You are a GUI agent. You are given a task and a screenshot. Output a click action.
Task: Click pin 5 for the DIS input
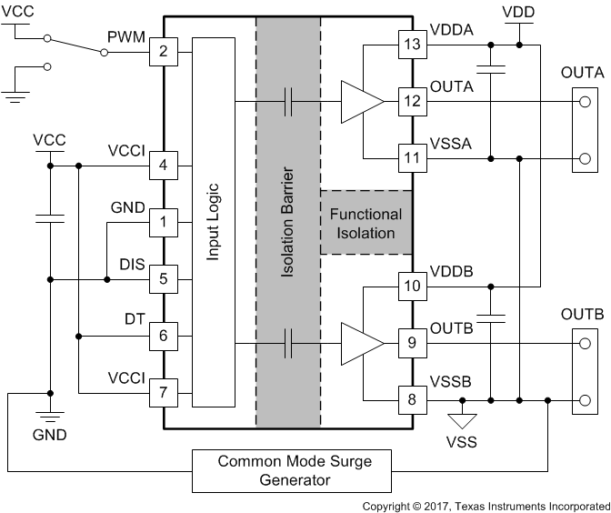pyautogui.click(x=164, y=278)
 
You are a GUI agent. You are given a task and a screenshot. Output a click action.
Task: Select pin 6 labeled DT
pyautogui.click(x=164, y=336)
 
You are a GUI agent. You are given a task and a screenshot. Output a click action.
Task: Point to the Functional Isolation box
pyautogui.click(x=366, y=224)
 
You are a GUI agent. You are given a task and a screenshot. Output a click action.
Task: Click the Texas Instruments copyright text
pyautogui.click(x=486, y=505)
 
